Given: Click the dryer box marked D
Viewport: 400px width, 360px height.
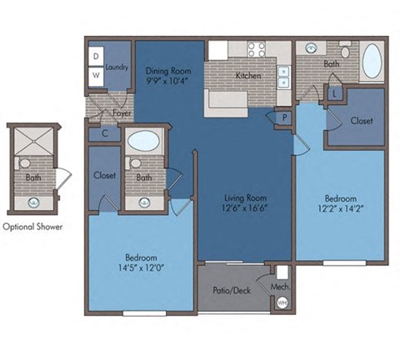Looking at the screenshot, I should pyautogui.click(x=96, y=56).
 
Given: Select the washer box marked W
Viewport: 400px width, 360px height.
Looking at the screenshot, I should pyautogui.click(x=96, y=74).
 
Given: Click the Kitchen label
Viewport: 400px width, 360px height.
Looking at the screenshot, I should pyautogui.click(x=248, y=76).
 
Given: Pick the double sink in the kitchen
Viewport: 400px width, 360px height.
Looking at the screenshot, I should pyautogui.click(x=283, y=77).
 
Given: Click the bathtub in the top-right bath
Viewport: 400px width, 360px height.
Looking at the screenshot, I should pyautogui.click(x=371, y=62).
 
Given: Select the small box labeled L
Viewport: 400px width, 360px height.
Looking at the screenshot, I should pyautogui.click(x=333, y=94).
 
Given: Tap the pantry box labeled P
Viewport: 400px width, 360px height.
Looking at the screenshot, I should pyautogui.click(x=284, y=117).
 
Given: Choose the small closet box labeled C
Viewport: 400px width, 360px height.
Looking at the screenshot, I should pyautogui.click(x=105, y=133).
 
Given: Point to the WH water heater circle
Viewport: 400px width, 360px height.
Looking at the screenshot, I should pyautogui.click(x=282, y=302).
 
